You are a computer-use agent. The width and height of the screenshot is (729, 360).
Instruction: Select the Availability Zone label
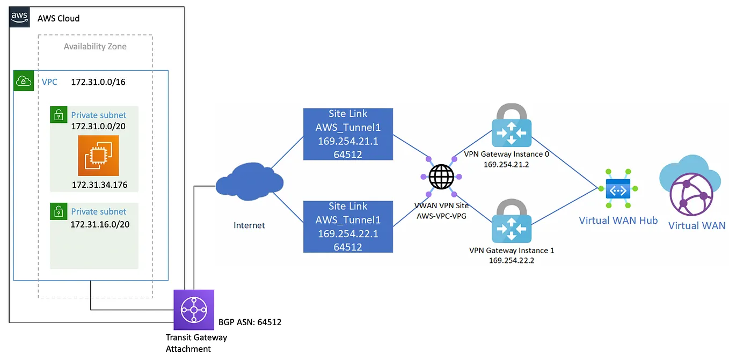95,46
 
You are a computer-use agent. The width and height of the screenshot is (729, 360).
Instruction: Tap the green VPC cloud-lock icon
24,81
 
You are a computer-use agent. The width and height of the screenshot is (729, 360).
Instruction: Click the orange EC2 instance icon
98,156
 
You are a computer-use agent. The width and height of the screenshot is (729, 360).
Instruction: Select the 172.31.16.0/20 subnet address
100,224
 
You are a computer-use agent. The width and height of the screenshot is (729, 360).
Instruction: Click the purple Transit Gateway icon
194,310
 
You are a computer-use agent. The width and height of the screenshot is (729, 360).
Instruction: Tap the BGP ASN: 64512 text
250,322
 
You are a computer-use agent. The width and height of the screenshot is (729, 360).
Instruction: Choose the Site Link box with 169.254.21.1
348,134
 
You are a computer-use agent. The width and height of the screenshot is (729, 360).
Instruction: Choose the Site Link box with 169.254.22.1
348,226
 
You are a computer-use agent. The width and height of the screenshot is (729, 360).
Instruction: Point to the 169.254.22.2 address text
511,261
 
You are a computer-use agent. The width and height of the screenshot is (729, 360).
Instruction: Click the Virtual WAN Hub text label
618,221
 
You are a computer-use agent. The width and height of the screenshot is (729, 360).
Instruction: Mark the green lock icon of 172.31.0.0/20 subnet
59,115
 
